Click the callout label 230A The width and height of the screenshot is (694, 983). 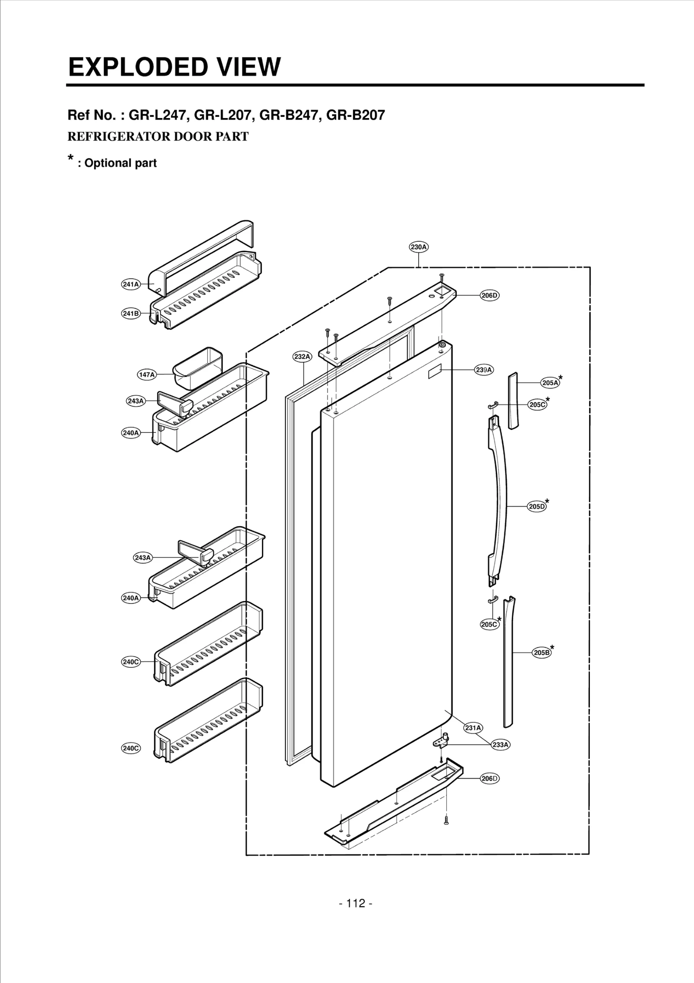pyautogui.click(x=419, y=247)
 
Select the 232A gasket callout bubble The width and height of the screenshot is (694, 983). pyautogui.click(x=302, y=356)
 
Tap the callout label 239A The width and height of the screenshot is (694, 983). pyautogui.click(x=484, y=370)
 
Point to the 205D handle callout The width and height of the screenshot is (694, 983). pyautogui.click(x=537, y=506)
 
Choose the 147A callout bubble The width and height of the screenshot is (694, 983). pyautogui.click(x=147, y=374)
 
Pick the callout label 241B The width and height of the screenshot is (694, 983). pyautogui.click(x=131, y=313)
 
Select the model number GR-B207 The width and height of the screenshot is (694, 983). pyautogui.click(x=355, y=115)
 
